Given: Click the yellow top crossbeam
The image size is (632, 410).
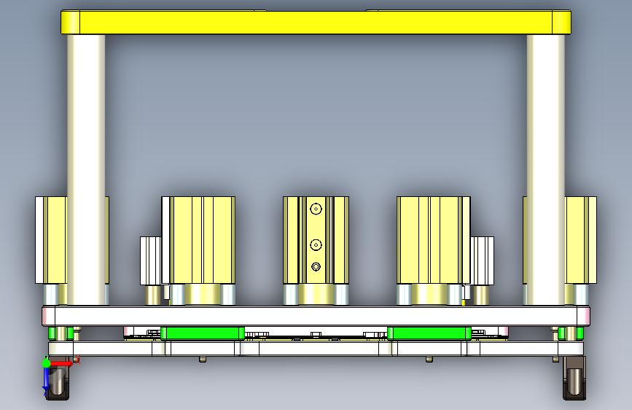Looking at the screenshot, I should click(316, 22).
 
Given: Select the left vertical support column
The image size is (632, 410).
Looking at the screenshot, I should click(86, 168).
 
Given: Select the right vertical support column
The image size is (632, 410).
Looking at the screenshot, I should click(546, 168).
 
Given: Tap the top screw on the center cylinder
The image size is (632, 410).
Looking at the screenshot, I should click(316, 209).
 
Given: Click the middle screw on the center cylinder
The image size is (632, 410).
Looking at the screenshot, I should click(316, 244).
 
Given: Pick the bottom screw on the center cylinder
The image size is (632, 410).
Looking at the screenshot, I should click(316, 266).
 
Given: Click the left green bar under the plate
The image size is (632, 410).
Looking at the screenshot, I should click(203, 333).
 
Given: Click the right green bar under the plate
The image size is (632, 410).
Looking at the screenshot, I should click(427, 333).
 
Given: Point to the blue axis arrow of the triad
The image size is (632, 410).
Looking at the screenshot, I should click(47, 378).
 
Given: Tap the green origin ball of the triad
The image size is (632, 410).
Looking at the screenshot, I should click(47, 363).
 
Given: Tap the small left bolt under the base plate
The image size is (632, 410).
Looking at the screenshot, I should click(203, 359).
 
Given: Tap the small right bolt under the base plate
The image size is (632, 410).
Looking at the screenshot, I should click(429, 359).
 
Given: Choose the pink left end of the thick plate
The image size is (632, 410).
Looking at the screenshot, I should click(48, 316).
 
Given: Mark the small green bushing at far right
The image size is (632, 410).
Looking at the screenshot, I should click(571, 333).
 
